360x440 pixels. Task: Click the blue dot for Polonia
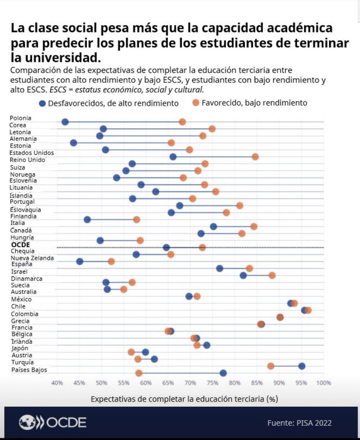click(65, 122)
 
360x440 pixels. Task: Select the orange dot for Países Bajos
click(139, 373)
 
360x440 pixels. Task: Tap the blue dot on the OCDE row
click(166, 247)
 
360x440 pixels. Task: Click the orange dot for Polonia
click(182, 122)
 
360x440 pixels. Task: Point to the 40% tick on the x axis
click(57, 383)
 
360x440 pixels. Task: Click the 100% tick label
click(324, 383)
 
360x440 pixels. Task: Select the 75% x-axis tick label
click(212, 383)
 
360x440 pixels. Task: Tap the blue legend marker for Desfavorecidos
click(43, 103)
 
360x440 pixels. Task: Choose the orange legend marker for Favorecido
click(196, 103)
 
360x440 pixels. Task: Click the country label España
click(22, 264)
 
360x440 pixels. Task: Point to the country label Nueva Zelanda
click(32, 258)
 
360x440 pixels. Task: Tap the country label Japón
click(20, 348)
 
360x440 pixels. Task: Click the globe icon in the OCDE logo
click(28, 423)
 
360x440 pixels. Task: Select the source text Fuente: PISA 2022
click(299, 423)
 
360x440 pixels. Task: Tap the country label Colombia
click(25, 314)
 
